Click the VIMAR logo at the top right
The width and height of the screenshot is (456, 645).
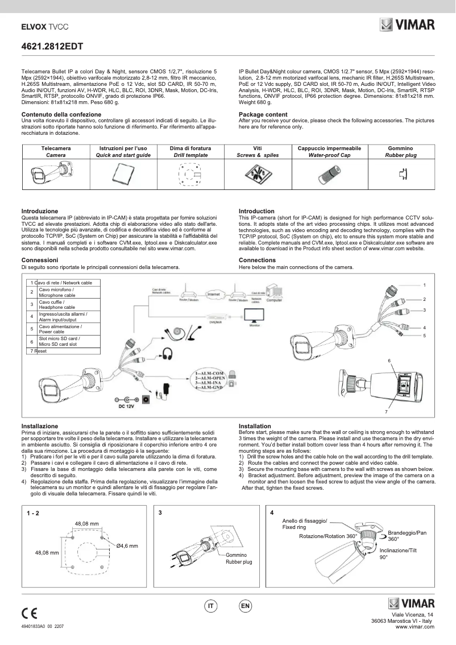click(407, 25)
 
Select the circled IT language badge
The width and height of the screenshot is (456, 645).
click(210, 606)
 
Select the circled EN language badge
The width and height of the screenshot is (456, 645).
click(245, 606)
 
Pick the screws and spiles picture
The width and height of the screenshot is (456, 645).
click(258, 173)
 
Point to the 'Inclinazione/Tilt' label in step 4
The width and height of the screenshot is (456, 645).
click(397, 551)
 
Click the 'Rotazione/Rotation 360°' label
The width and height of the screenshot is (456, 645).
click(328, 536)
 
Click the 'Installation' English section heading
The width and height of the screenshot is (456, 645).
click(255, 426)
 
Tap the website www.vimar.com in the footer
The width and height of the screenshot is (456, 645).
click(414, 626)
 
